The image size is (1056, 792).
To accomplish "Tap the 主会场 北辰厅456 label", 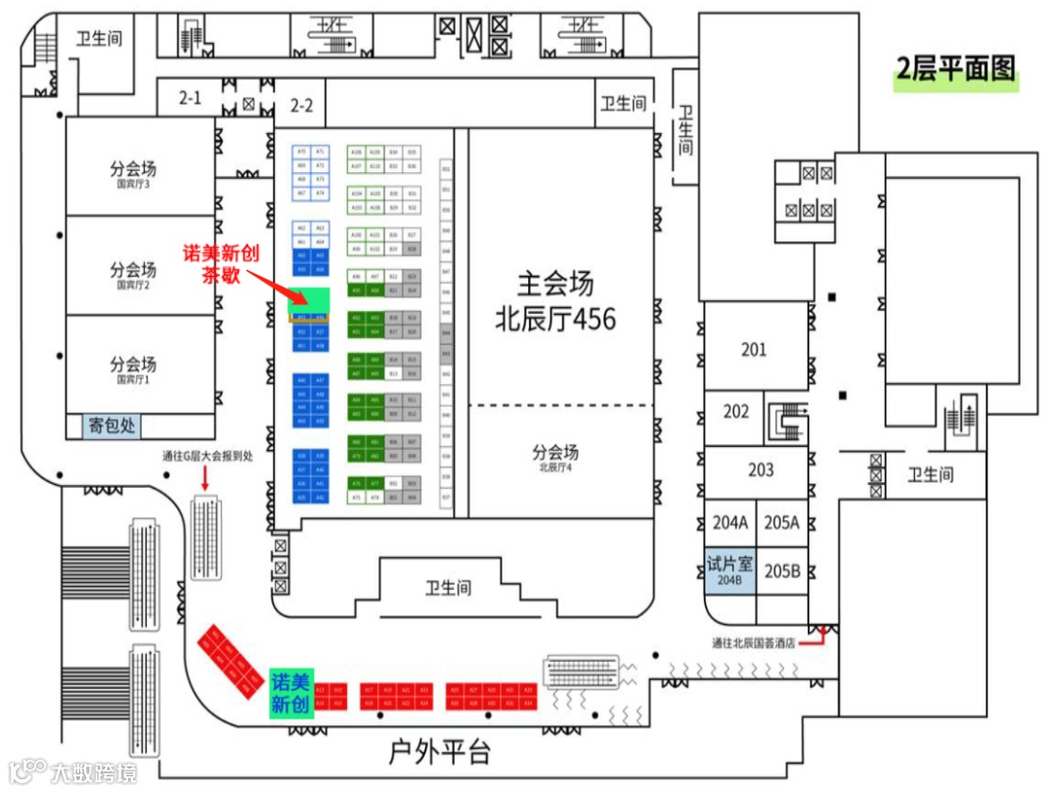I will [556, 301].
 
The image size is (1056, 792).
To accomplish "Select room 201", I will [753, 349].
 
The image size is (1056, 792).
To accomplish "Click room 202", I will [735, 412].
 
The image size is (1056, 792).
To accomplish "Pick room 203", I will [760, 470].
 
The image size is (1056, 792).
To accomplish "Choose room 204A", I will [729, 523].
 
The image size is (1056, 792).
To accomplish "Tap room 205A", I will [781, 523].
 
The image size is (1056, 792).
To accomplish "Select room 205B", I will [781, 571].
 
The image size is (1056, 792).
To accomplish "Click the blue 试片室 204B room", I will [729, 571].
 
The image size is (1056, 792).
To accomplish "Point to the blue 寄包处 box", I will [111, 426].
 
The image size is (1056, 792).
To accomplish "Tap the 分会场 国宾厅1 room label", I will [133, 369].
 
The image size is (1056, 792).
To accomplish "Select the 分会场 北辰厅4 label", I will [555, 457].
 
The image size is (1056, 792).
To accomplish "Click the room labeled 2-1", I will [189, 98].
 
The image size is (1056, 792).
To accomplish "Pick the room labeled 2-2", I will [301, 106].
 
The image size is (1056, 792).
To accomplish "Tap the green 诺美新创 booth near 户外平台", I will [290, 693].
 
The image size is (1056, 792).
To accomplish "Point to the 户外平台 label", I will [439, 752].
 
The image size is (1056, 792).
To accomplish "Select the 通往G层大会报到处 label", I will [206, 457].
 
